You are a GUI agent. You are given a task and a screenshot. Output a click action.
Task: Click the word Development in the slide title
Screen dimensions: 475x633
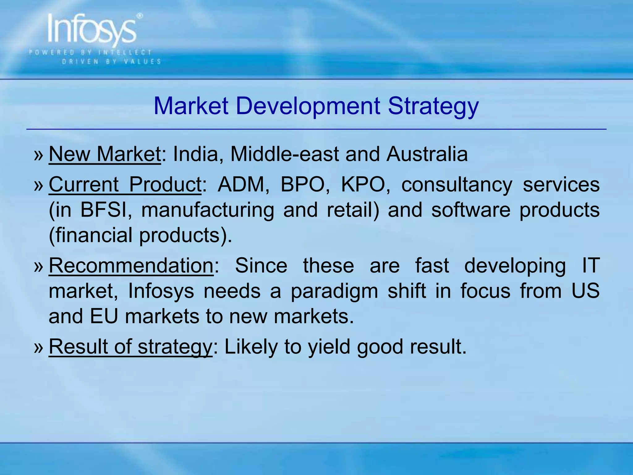coord(308,106)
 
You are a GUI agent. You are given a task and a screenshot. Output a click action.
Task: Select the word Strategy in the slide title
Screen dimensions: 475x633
coord(433,106)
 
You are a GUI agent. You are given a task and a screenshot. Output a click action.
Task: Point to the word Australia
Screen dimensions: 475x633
coord(427,154)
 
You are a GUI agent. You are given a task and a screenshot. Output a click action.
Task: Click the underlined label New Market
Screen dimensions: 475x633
coord(105,154)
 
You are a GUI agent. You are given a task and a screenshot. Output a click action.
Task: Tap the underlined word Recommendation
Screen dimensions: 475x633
coord(131,266)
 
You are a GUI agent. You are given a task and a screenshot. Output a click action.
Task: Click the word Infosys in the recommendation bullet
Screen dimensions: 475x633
coord(161,292)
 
